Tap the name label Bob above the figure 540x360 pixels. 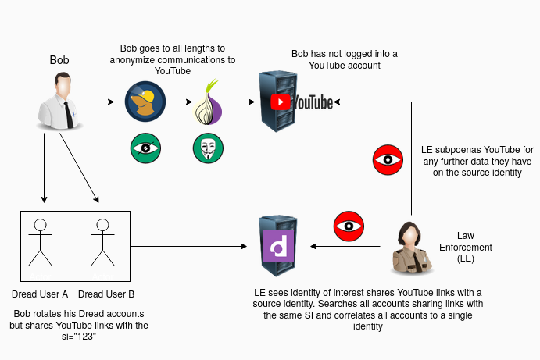pos(59,59)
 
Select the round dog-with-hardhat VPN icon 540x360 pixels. pos(145,102)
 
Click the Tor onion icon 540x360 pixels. pos(209,102)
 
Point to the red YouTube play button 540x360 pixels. pos(280,102)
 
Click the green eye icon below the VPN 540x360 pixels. pos(145,148)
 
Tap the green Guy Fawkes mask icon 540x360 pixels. pos(208,148)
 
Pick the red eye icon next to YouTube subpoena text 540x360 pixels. pos(388,161)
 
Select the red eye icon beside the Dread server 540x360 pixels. pos(349,226)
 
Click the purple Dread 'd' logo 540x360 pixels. pos(277,248)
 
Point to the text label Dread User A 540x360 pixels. pos(40,294)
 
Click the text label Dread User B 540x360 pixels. pos(106,294)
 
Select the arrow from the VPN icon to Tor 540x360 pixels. pos(180,102)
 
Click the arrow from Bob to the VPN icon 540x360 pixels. pos(102,102)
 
